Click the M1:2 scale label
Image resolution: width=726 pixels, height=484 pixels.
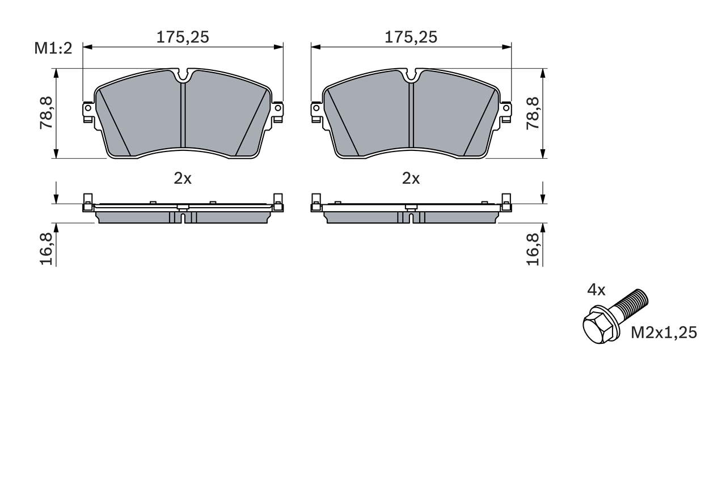pyautogui.click(x=53, y=48)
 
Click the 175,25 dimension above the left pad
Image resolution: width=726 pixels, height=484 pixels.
pyautogui.click(x=183, y=37)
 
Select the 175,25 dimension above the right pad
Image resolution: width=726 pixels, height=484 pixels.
pyautogui.click(x=411, y=37)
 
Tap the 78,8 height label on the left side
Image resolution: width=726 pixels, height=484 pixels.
pyautogui.click(x=47, y=113)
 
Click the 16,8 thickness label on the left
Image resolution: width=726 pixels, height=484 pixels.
pyautogui.click(x=47, y=249)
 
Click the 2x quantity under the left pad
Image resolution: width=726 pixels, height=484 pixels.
pyautogui.click(x=183, y=179)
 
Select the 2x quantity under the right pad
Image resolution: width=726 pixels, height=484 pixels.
pyautogui.click(x=411, y=179)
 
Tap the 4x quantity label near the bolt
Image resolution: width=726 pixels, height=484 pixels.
pyautogui.click(x=596, y=291)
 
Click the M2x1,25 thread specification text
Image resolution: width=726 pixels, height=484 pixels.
pyautogui.click(x=664, y=333)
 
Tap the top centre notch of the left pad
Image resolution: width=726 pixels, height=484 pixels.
pyautogui.click(x=183, y=75)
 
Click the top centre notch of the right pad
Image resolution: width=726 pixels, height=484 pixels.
pyautogui.click(x=411, y=75)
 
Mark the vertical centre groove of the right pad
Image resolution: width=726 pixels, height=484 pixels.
pyautogui.click(x=411, y=113)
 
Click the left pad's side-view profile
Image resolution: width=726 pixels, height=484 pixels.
pyautogui.click(x=183, y=213)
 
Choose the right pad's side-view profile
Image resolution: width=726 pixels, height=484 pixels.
pyautogui.click(x=411, y=213)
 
